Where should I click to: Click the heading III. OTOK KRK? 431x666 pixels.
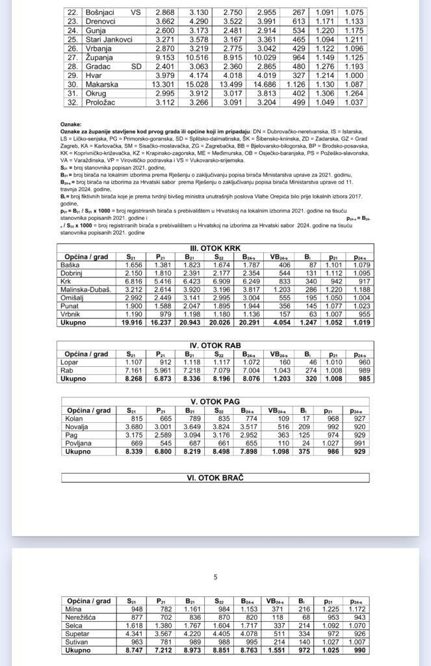tap(215, 248)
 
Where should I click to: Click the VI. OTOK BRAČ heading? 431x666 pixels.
tap(215, 478)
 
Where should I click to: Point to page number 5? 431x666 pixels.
tap(215, 576)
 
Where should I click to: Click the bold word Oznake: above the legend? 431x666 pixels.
tap(70, 122)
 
